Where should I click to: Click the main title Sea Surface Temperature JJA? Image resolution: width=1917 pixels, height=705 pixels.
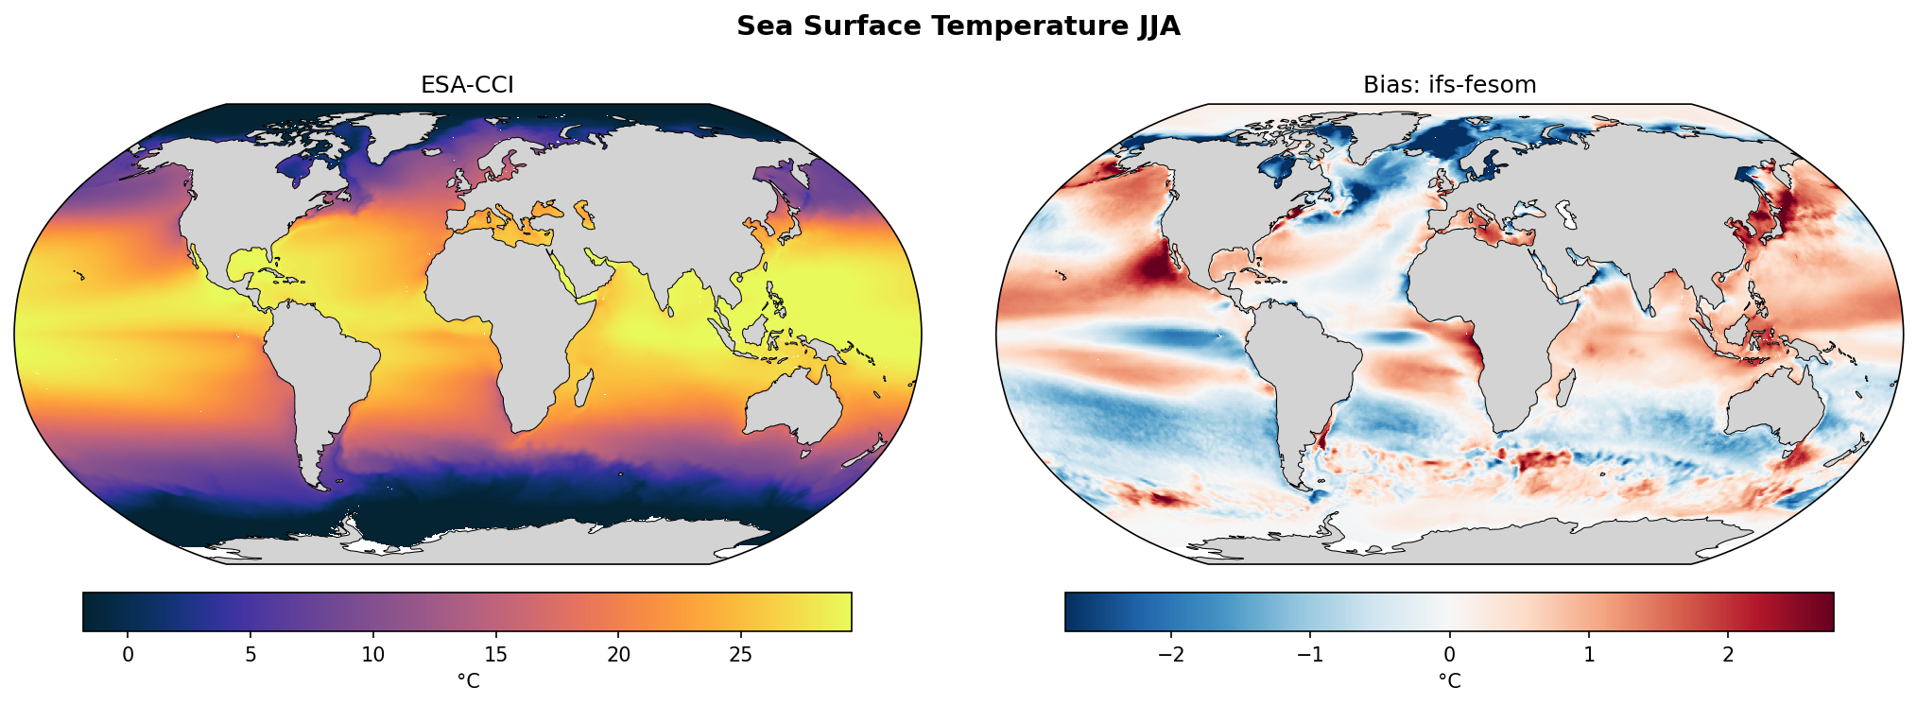958,26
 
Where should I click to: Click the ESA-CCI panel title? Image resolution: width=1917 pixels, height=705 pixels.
467,85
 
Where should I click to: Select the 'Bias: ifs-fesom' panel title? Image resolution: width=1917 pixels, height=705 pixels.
1449,85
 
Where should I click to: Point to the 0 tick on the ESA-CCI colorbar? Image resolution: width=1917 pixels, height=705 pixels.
128,654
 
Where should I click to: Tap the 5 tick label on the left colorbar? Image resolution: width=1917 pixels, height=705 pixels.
250,654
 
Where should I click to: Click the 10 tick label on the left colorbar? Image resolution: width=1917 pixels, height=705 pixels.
372,654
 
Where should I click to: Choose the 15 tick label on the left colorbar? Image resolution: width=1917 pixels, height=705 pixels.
495,654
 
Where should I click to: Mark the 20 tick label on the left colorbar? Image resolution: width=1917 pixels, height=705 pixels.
618,654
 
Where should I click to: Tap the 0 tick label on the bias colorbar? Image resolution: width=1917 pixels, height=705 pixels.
1449,654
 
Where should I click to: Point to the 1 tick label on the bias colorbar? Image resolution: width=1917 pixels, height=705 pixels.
1589,654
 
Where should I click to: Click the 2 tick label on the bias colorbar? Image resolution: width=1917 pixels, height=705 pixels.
1728,654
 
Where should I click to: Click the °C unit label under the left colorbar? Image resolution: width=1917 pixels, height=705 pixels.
468,680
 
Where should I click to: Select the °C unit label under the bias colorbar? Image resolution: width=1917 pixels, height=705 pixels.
1449,680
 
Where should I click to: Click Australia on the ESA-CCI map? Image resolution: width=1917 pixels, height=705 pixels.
794,406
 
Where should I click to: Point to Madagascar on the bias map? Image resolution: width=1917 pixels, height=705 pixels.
1564,387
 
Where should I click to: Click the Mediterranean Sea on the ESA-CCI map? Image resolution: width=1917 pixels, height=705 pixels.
515,227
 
